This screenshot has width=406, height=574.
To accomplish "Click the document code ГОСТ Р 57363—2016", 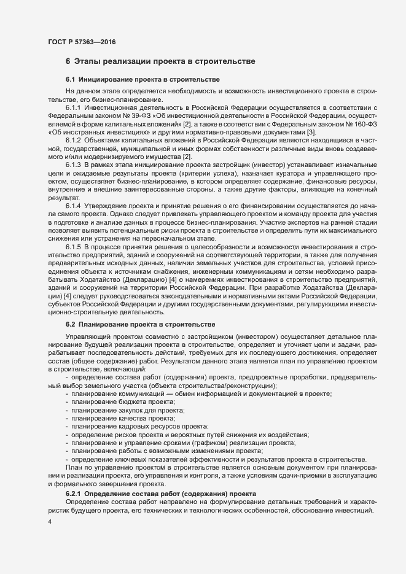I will [81, 42].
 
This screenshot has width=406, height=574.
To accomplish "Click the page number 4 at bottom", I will [50, 522].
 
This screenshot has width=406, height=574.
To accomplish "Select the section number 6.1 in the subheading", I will [70, 80].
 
